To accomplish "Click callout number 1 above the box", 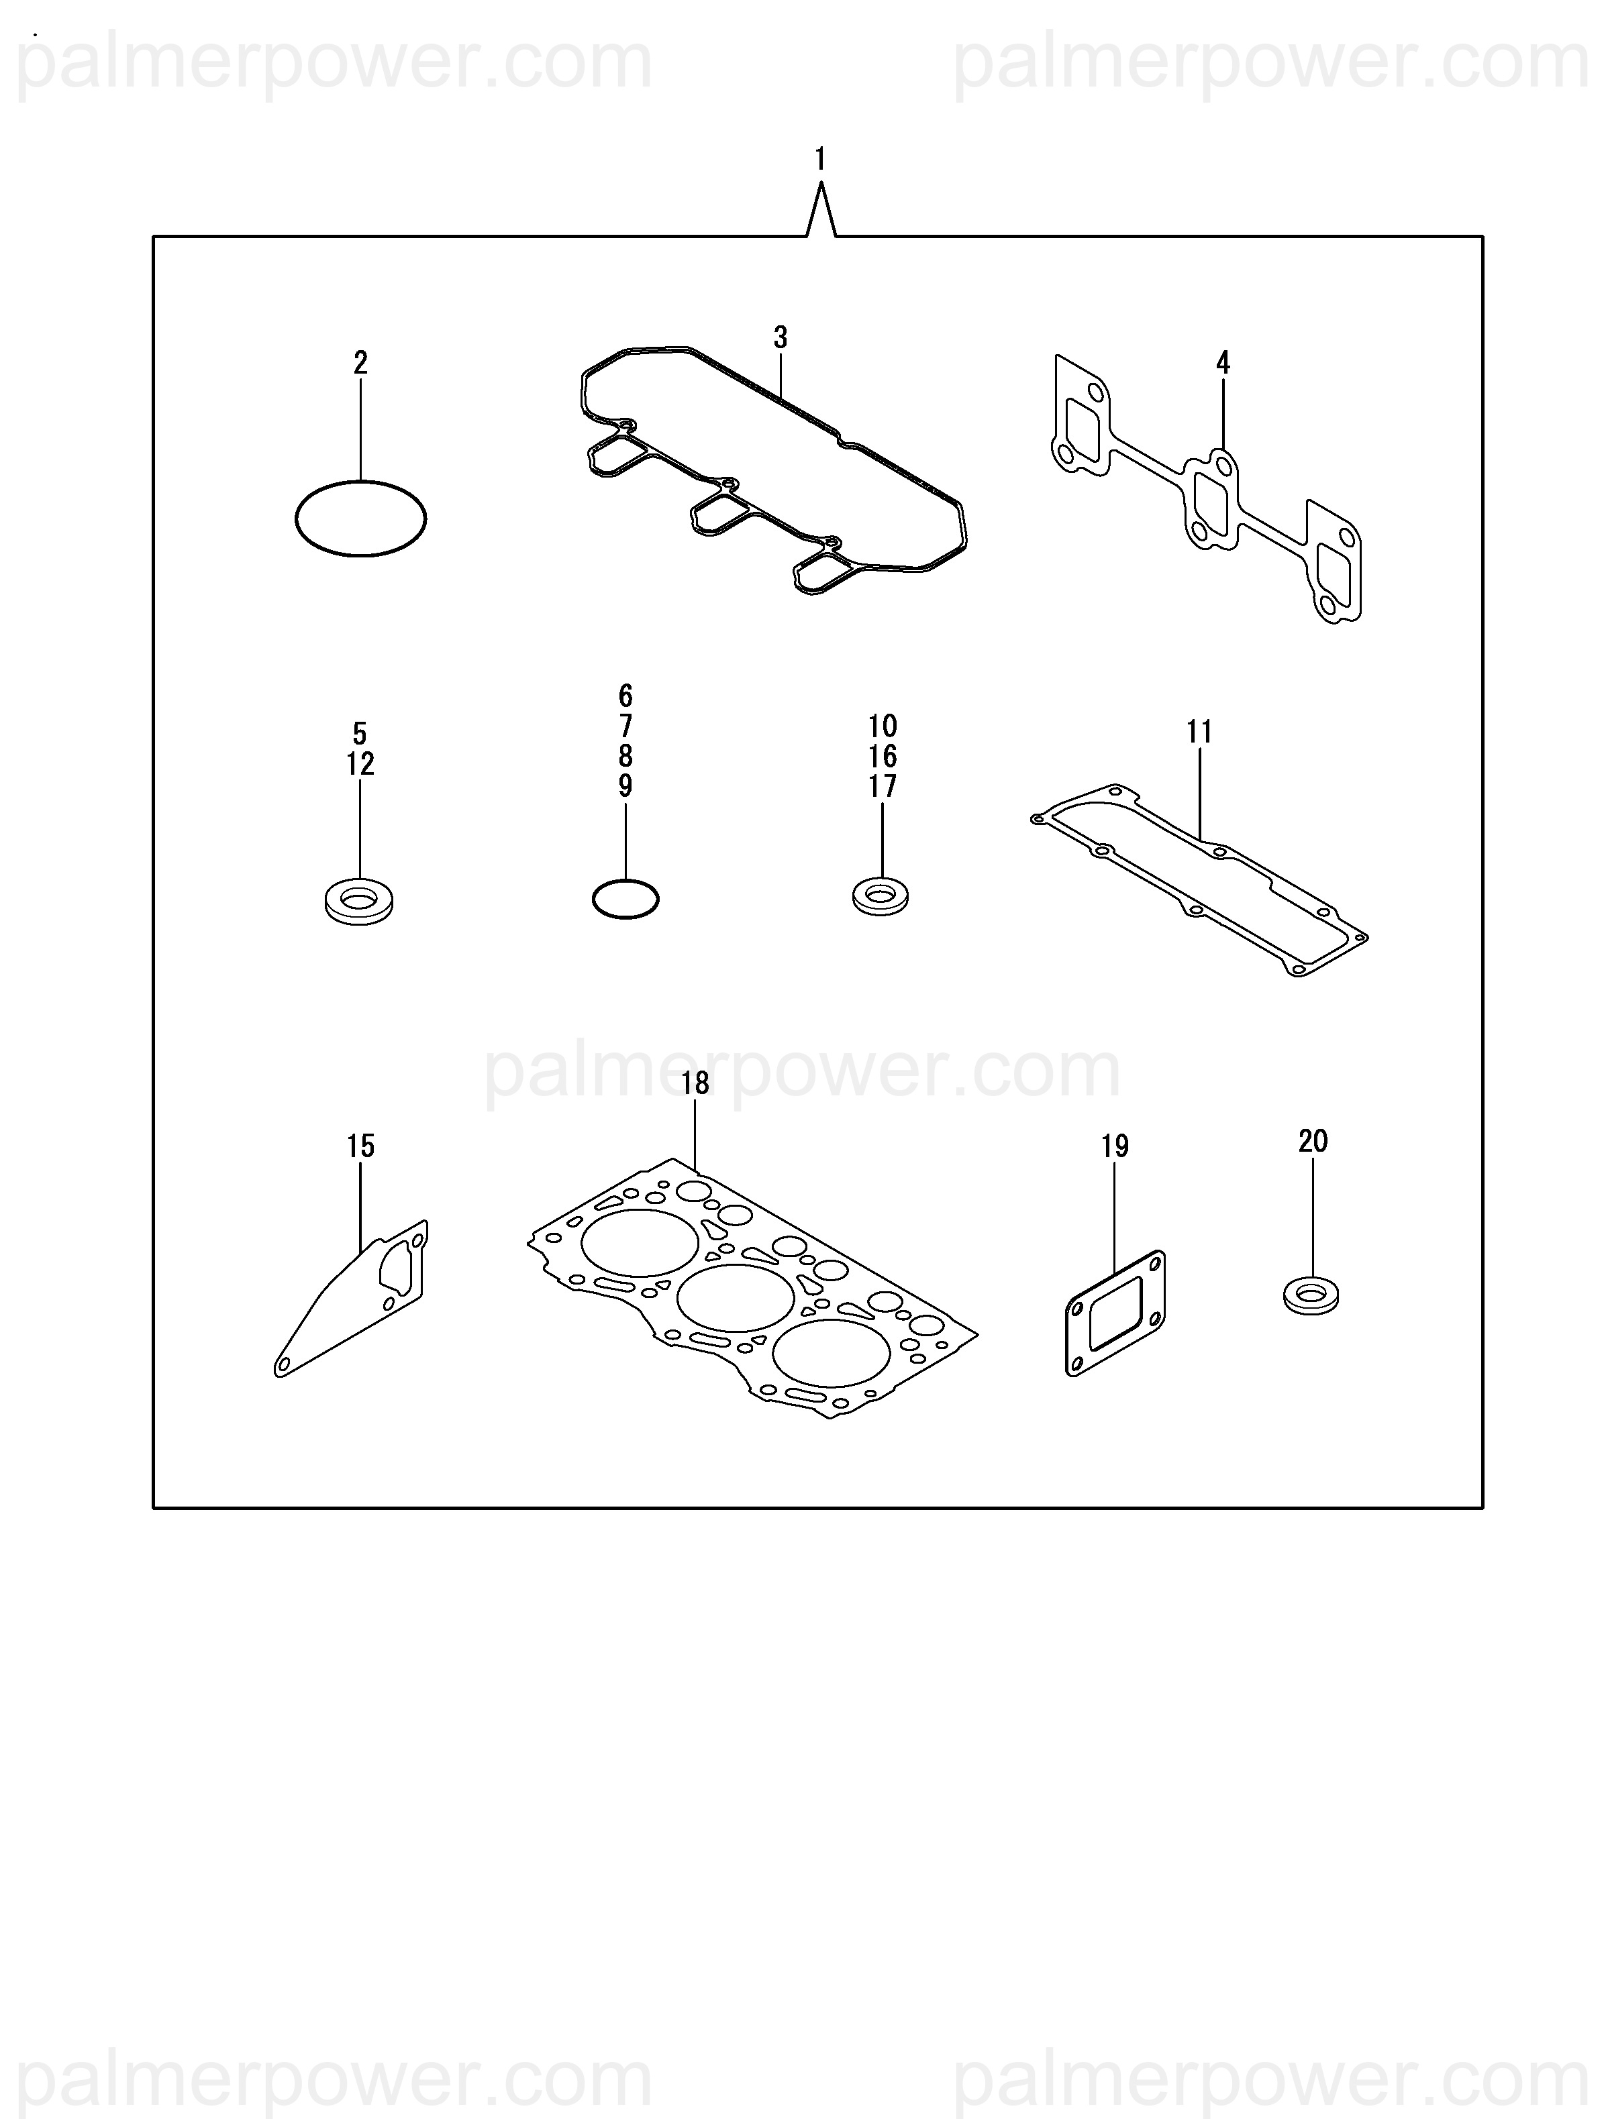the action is pos(820,159).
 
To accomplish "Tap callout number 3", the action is pos(781,337).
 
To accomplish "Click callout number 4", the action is pos(1223,362).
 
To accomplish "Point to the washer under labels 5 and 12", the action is pos(358,900).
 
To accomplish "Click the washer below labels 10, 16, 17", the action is pos(881,895).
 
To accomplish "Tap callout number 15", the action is pos(360,1146).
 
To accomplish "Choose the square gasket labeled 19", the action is pos(1115,1313).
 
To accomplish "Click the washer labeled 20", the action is pos(1311,1296).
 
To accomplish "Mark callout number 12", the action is pos(360,765).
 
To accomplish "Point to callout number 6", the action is pos(625,696).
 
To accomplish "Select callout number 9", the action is pos(625,786).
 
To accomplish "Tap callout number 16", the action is pos(883,756).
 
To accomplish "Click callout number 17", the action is pos(883,786).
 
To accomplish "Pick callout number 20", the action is pos(1313,1141).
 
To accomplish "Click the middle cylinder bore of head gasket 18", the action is pos(735,1298).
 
